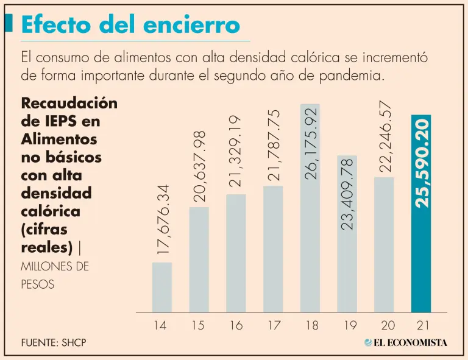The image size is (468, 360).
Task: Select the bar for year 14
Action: [161, 287]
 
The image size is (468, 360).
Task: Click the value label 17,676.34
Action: [162, 221]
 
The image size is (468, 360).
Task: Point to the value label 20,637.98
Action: [199, 165]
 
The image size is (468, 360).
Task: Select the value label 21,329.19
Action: [236, 152]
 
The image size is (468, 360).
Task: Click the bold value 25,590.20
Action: [422, 163]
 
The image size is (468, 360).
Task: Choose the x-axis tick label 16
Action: [235, 325]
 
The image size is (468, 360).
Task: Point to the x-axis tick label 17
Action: [272, 325]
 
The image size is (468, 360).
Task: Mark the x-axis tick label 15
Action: [198, 325]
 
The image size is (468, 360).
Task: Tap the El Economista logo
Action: [406, 342]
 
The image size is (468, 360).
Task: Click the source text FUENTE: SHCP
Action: [53, 342]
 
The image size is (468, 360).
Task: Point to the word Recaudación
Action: [69, 102]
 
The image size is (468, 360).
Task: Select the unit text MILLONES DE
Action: [55, 267]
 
